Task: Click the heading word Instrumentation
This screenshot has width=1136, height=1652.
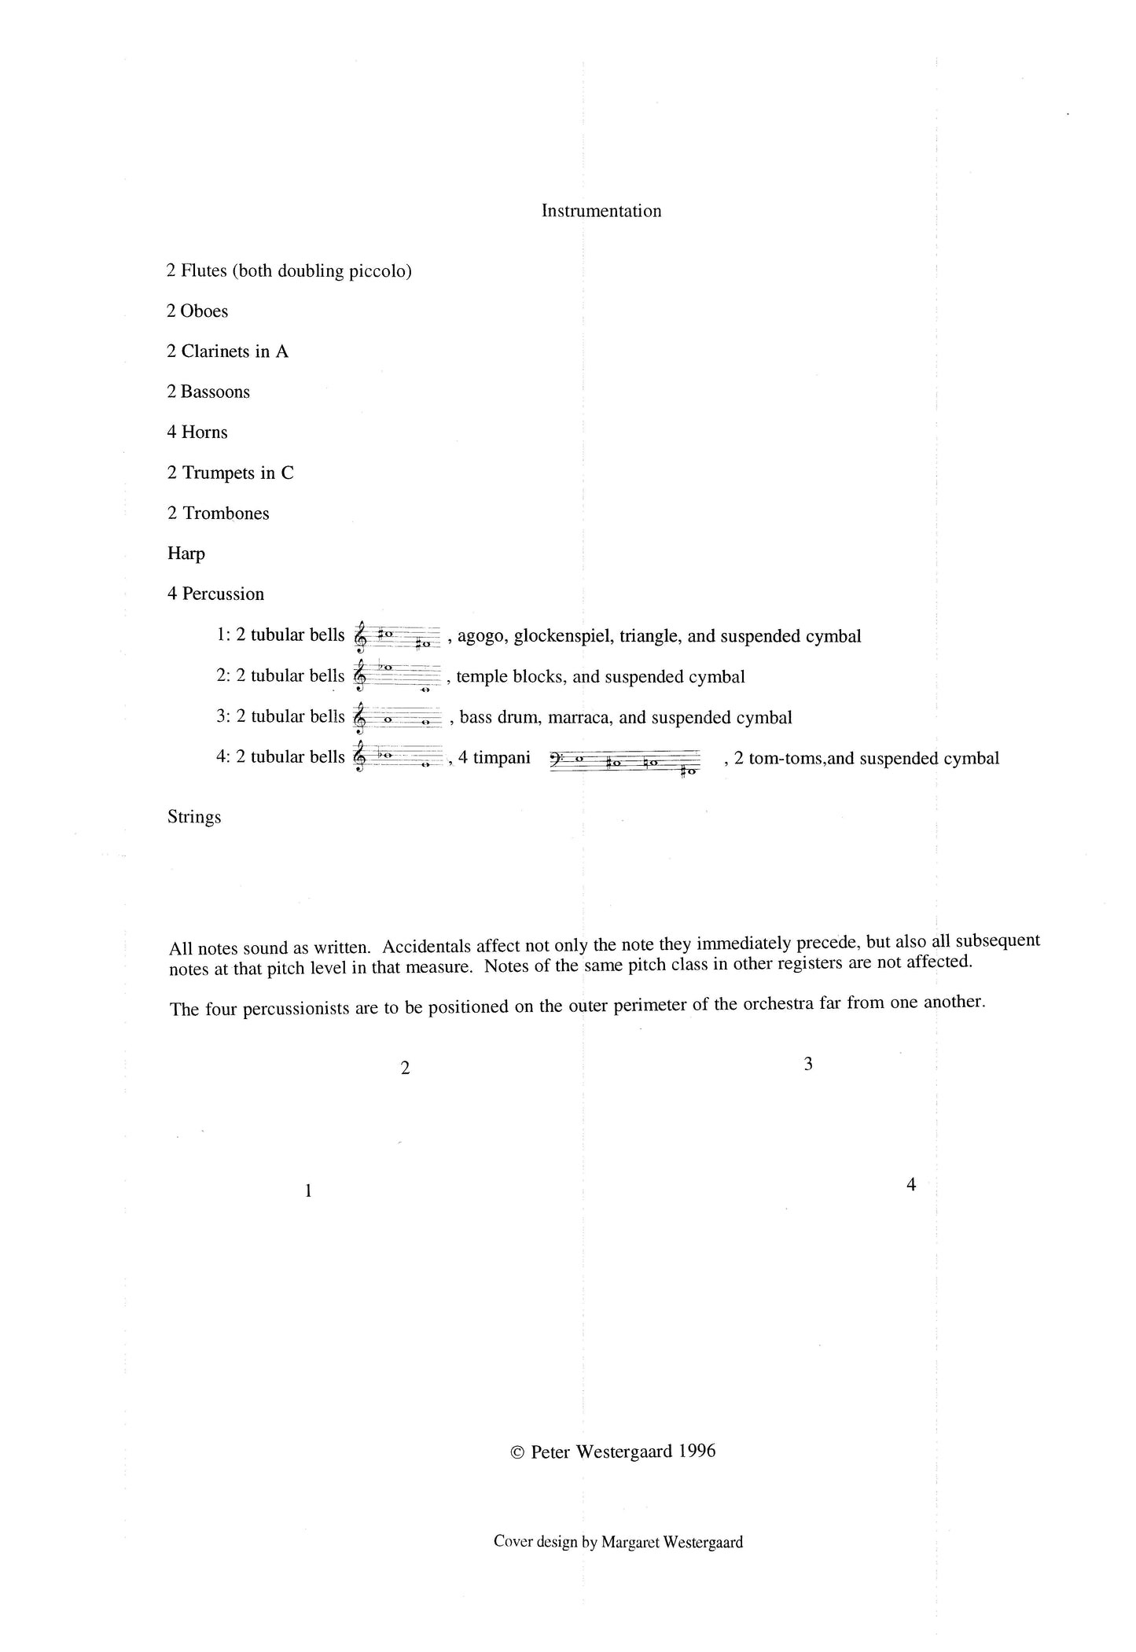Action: tap(601, 211)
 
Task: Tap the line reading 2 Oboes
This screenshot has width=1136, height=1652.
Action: tap(197, 311)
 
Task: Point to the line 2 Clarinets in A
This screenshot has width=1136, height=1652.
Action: tap(227, 351)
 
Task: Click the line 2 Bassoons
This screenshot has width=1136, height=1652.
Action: tap(208, 392)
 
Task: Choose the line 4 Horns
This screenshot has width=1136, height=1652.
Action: tap(197, 432)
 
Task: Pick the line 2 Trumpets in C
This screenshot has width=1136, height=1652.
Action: tap(230, 473)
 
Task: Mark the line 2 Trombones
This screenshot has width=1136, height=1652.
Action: tap(219, 513)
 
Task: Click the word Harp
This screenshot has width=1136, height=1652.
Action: tap(186, 554)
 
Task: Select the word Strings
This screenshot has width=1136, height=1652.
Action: tap(194, 817)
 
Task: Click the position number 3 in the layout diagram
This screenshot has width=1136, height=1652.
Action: tap(808, 1065)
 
